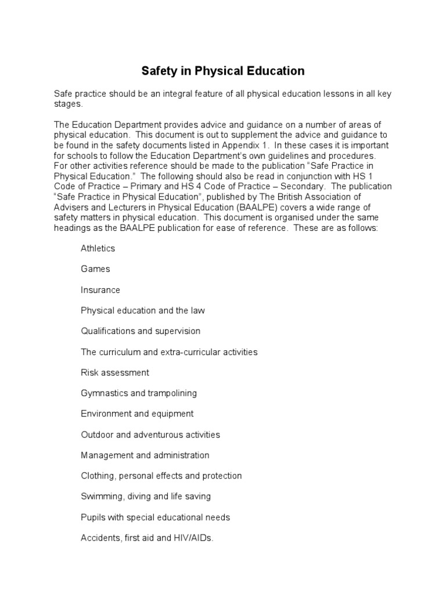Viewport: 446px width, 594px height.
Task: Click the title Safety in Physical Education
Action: point(223,71)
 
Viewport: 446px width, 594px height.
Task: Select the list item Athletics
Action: point(98,248)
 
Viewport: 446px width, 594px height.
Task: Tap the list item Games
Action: point(95,269)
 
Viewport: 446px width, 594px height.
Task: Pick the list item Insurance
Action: point(100,290)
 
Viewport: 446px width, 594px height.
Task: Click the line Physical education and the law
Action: point(143,310)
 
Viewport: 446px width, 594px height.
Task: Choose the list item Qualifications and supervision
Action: point(141,331)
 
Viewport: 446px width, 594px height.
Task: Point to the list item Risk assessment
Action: point(115,372)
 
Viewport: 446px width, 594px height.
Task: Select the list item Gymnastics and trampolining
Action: point(139,393)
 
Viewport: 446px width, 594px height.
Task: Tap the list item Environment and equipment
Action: point(137,414)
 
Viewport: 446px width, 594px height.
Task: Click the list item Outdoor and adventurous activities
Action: point(150,434)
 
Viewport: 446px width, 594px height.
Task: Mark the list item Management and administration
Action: point(145,455)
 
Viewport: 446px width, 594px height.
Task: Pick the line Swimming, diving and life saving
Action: point(146,497)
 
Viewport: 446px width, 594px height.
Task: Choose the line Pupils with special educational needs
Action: point(156,517)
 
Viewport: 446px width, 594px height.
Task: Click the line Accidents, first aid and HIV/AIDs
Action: point(148,538)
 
